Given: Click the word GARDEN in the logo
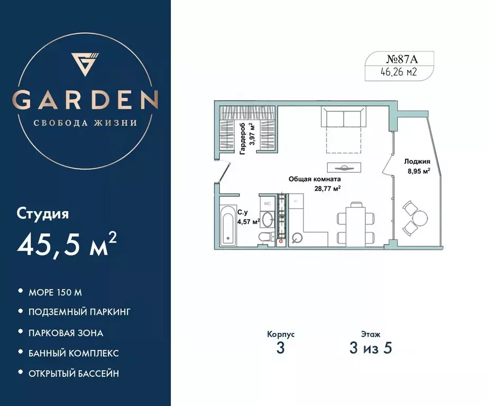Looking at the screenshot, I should pos(86,99).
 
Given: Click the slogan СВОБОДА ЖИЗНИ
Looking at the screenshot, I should pos(86,123).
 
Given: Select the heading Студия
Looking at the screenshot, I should pos(43,214).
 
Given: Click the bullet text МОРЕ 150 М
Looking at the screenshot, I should pos(56,292).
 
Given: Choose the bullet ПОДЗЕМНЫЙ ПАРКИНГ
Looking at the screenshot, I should pos(79,312).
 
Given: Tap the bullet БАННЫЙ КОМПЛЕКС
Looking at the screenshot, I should pos(73,353).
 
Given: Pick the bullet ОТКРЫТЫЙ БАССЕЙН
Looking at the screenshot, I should pos(74,373).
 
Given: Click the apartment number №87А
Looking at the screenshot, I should pos(399,59).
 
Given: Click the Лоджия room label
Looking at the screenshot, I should pos(417,162).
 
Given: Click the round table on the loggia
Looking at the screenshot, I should pos(419,217).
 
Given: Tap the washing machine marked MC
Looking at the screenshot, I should pos(268,203).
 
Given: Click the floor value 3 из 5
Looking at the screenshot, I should pos(370,349).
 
